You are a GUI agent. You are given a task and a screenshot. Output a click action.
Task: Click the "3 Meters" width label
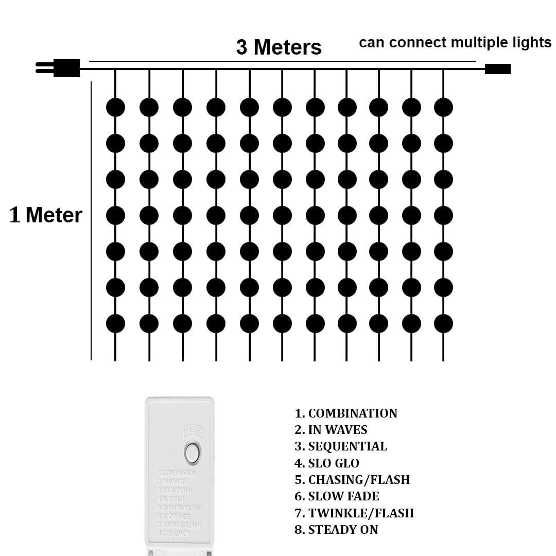pyautogui.click(x=279, y=47)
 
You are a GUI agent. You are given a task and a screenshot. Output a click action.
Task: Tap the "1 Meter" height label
pyautogui.click(x=46, y=215)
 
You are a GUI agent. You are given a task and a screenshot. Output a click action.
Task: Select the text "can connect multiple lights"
pyautogui.click(x=455, y=42)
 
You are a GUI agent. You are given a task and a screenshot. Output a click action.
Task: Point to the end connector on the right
pyautogui.click(x=497, y=69)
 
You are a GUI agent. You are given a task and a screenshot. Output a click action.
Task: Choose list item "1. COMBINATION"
pyautogui.click(x=346, y=413)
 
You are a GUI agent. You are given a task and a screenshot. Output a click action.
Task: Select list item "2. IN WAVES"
pyautogui.click(x=331, y=430)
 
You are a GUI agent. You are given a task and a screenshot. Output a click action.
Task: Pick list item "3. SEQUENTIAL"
pyautogui.click(x=341, y=446)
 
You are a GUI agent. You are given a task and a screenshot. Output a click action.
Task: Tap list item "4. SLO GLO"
pyautogui.click(x=327, y=463)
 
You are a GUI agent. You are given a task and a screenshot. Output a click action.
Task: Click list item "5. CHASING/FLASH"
pyautogui.click(x=352, y=480)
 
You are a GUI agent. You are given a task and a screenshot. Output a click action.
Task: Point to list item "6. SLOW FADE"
pyautogui.click(x=337, y=496)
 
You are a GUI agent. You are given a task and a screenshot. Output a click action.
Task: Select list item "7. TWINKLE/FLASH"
pyautogui.click(x=354, y=513)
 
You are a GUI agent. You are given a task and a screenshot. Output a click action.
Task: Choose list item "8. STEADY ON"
pyautogui.click(x=336, y=530)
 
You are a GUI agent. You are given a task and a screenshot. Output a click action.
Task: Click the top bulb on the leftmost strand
pyautogui.click(x=115, y=108)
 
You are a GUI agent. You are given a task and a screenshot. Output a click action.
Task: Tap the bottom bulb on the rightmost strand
pyautogui.click(x=443, y=324)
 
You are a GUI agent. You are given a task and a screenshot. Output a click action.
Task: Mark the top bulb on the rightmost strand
pyautogui.click(x=443, y=108)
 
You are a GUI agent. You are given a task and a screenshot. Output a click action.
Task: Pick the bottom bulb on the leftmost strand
pyautogui.click(x=115, y=324)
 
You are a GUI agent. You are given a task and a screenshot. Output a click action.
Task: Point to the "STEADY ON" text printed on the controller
pyautogui.click(x=174, y=534)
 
